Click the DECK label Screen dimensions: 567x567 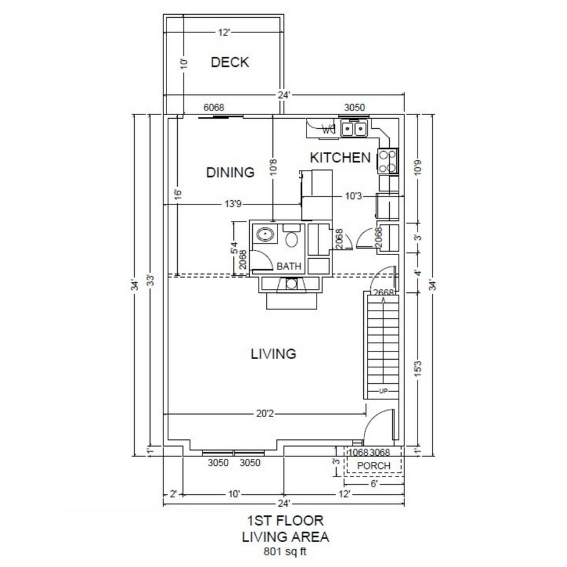230,62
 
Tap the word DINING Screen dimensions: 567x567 230,172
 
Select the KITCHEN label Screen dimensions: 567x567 341,158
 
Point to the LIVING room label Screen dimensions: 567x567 273,354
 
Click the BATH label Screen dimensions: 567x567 289,267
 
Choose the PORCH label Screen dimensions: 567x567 374,465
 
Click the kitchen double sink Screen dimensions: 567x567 354,128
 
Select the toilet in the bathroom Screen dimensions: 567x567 291,238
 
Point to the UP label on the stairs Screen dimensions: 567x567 383,392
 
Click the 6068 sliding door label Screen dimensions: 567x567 213,107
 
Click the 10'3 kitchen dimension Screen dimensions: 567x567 353,195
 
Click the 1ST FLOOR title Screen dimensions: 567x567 285,521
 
